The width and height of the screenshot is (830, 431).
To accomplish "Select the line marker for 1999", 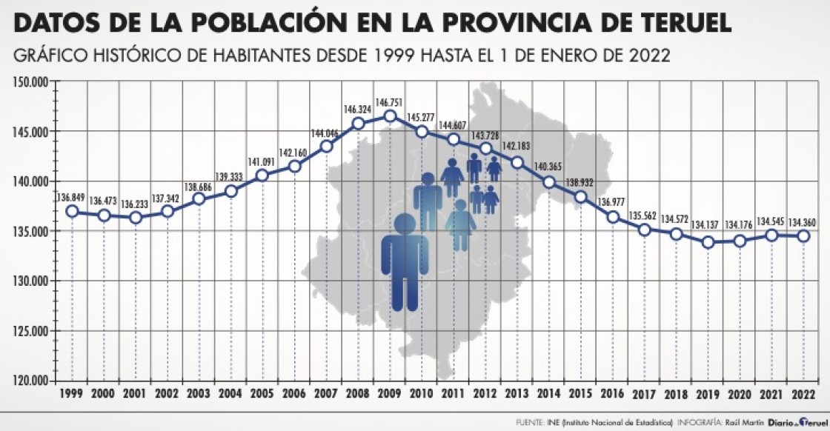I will pos(72,211).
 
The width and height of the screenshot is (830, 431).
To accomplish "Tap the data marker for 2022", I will pos(803,236).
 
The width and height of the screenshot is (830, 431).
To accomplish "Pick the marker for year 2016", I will pos(613,217).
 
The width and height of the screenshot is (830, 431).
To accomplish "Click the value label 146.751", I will pos(391,102).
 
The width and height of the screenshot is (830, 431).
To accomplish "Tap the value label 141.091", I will pos(262,162).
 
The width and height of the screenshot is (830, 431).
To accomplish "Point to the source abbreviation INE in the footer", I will pos(554,423).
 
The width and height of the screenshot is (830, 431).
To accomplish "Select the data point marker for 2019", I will pos(708,242).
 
